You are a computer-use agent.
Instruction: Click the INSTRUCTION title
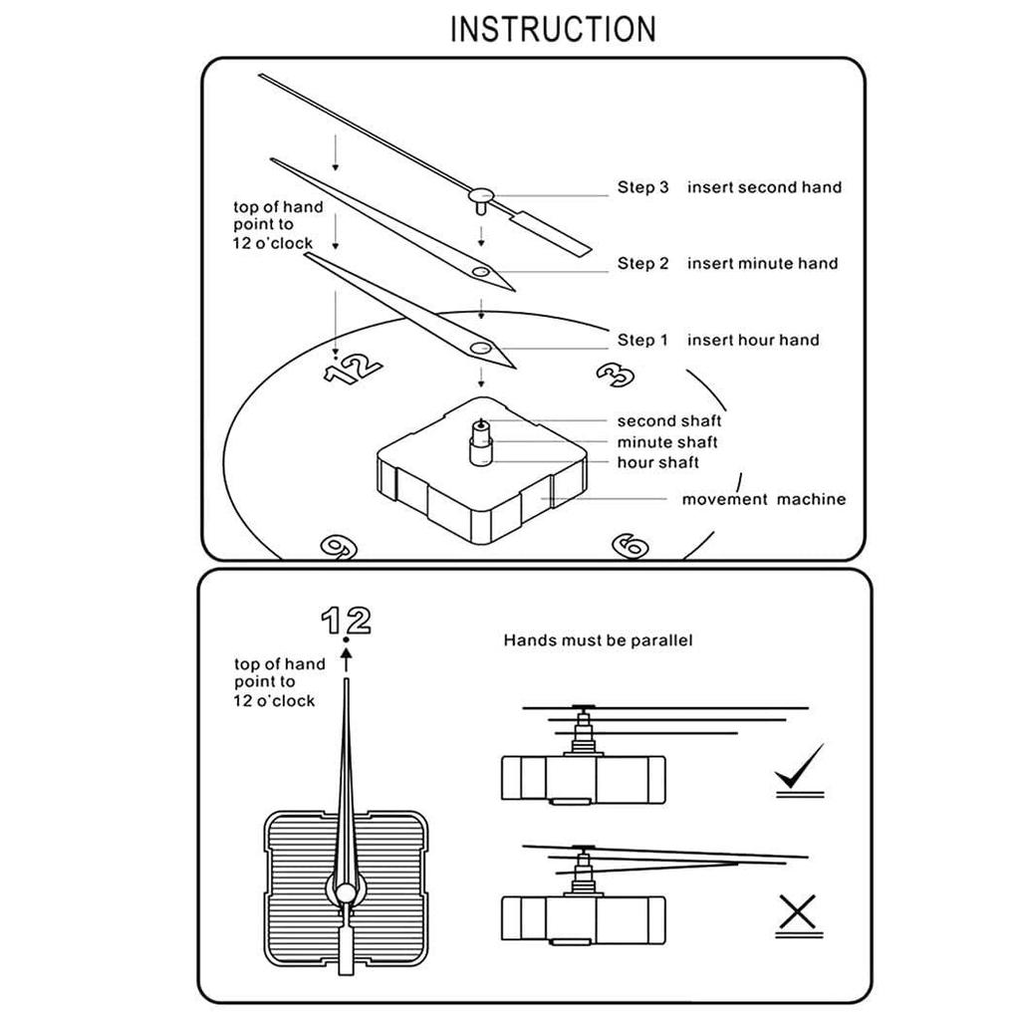click(553, 29)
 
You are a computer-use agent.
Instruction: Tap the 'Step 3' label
click(642, 187)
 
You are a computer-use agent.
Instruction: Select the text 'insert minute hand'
click(762, 264)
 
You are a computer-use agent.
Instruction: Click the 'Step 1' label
click(642, 341)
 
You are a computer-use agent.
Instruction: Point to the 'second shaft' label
click(668, 421)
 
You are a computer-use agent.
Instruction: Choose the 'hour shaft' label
click(657, 463)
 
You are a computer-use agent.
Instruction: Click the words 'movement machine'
click(763, 499)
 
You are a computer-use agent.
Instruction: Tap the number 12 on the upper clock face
click(353, 369)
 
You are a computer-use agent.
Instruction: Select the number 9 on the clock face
click(337, 545)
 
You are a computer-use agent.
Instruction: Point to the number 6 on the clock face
click(631, 545)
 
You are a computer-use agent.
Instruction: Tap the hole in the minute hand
click(482, 271)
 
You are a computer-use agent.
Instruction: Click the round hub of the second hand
click(482, 195)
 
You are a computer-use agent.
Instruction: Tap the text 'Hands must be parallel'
click(598, 640)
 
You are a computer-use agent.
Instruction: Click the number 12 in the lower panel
click(346, 621)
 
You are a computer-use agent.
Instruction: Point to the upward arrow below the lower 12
click(346, 655)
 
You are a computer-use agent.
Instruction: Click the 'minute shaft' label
click(666, 442)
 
